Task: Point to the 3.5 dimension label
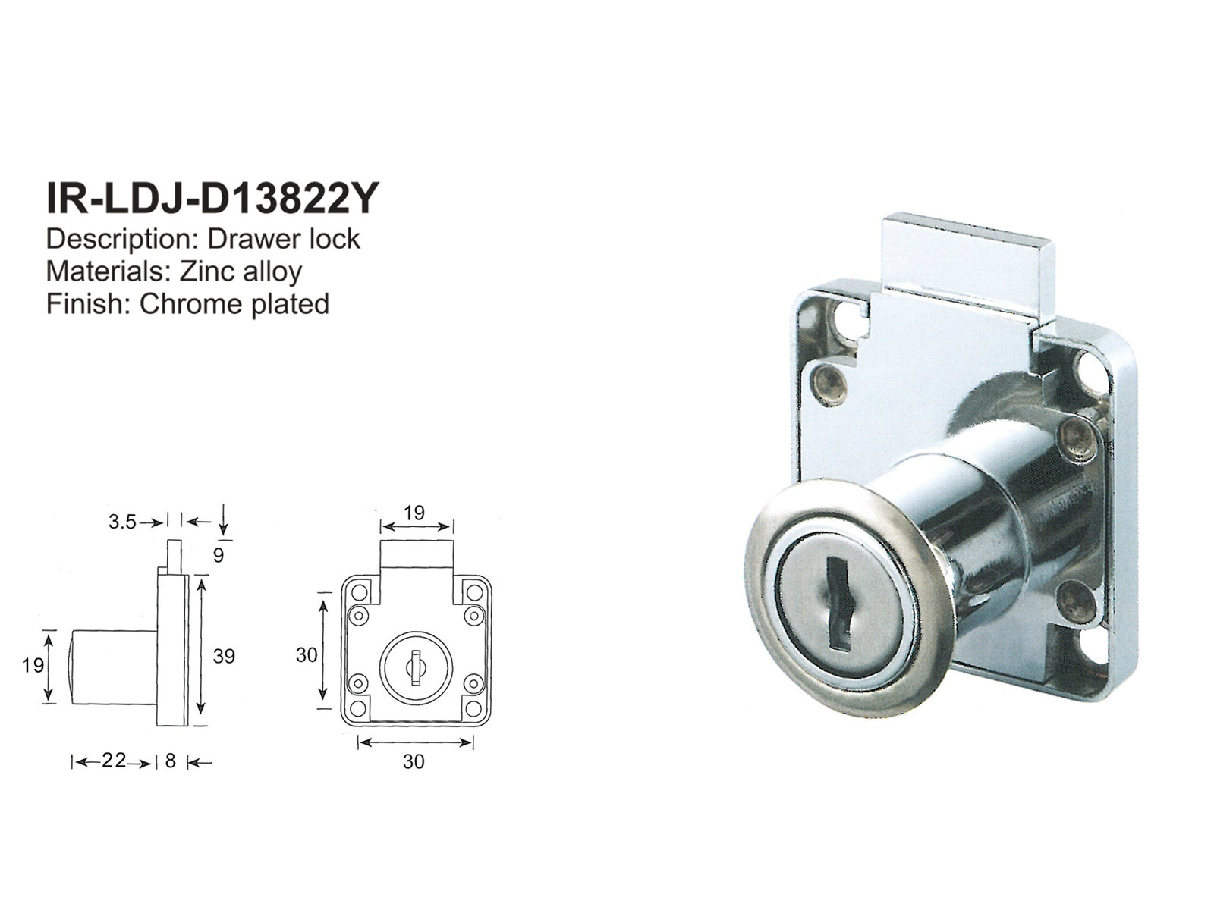tap(122, 522)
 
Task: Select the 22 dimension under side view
tap(114, 761)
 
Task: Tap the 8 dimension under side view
tap(170, 761)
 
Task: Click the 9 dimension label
tap(219, 555)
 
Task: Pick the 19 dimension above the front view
tap(414, 513)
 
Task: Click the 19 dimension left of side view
tap(33, 666)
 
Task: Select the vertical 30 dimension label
tap(307, 654)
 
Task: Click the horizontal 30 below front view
tap(414, 761)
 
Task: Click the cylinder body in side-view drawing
tap(114, 666)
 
